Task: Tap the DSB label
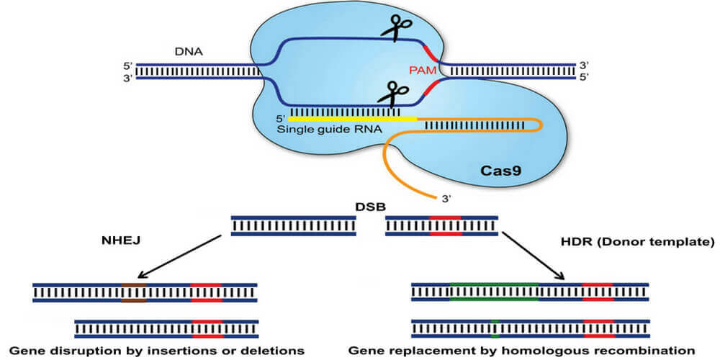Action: click(366, 206)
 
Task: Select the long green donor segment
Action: click(492, 291)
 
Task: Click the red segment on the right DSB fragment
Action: click(445, 225)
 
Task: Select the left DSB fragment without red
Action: click(293, 225)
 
